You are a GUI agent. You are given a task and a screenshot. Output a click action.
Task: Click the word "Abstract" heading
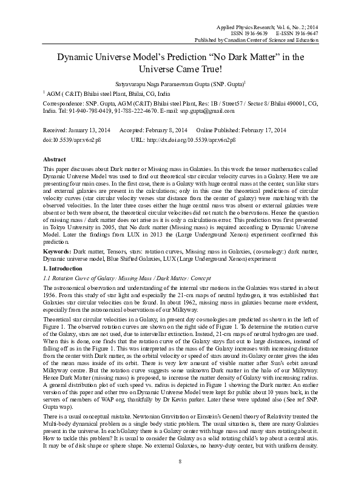pyautogui.click(x=56, y=158)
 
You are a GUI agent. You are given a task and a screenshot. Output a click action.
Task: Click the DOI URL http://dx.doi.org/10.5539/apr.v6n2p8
pyautogui.click(x=194, y=139)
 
